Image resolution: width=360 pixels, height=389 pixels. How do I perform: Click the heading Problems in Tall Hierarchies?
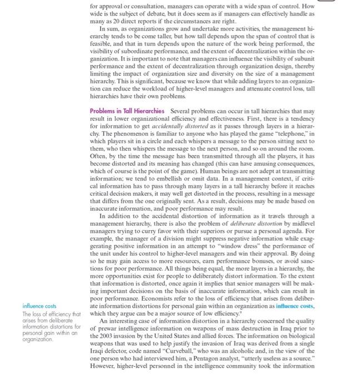(127, 111)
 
